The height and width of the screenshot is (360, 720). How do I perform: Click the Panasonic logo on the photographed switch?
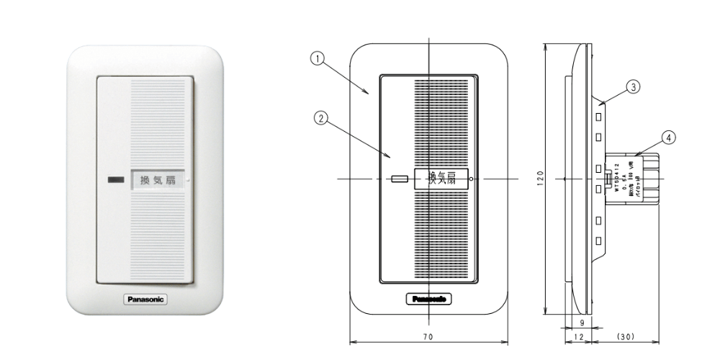click(147, 298)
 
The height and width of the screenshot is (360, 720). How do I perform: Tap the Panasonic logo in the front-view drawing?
click(430, 298)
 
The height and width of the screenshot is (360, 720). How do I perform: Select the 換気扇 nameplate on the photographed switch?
click(158, 179)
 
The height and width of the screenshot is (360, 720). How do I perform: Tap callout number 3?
click(632, 87)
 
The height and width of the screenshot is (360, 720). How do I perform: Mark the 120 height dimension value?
click(540, 177)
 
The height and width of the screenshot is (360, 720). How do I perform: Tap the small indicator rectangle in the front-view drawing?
click(397, 178)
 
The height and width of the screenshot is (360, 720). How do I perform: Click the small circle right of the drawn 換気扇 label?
click(471, 179)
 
